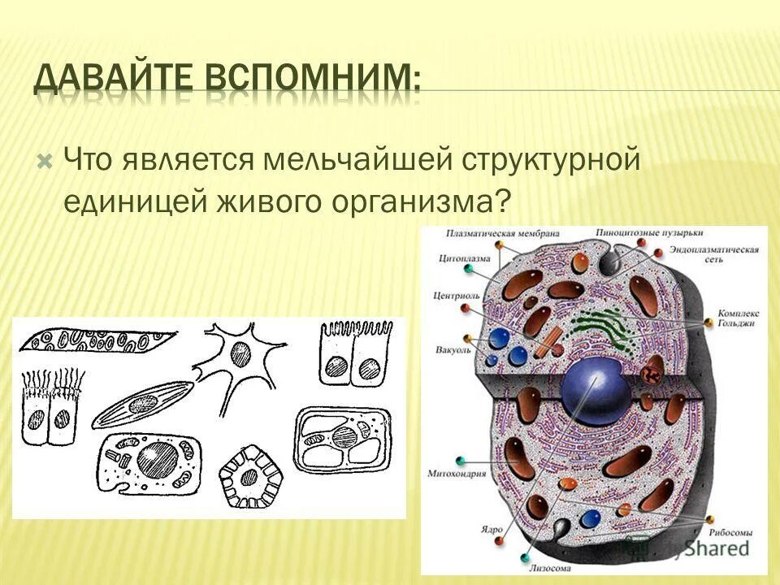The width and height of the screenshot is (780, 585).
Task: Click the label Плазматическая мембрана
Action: (x=503, y=233)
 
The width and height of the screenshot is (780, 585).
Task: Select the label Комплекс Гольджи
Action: (x=738, y=316)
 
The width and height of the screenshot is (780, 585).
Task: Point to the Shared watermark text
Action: (x=715, y=549)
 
